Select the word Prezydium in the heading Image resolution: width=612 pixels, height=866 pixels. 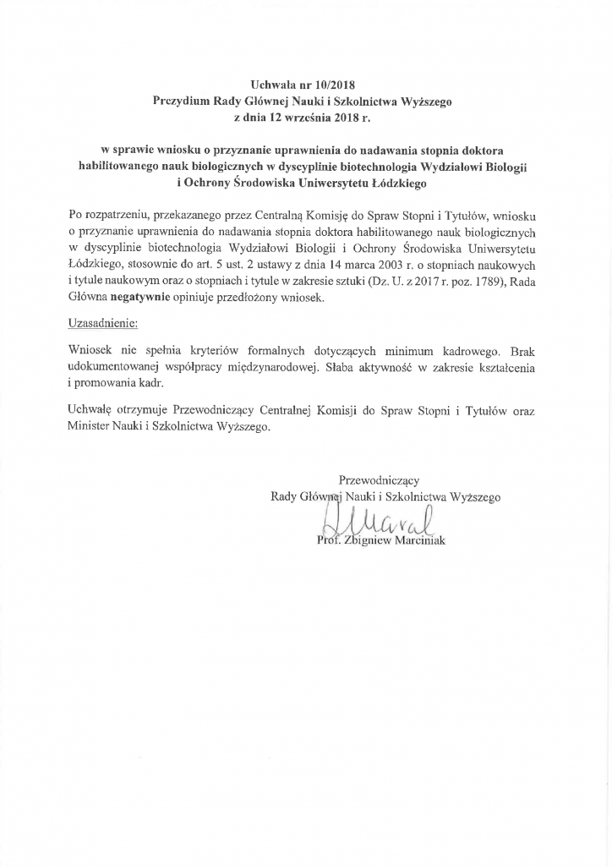[180, 101]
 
